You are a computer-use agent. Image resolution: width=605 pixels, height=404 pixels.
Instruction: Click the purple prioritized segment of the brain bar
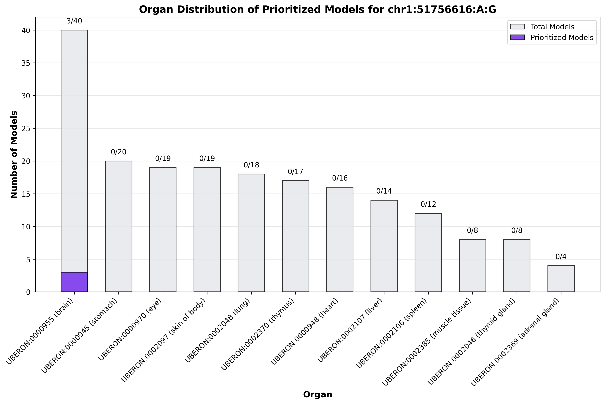pyautogui.click(x=74, y=282)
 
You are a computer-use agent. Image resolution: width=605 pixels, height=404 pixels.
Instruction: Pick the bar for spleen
pyautogui.click(x=428, y=253)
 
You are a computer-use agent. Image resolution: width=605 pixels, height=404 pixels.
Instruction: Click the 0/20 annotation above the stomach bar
pyautogui.click(x=119, y=152)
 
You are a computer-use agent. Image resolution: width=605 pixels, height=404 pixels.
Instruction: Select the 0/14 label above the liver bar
pyautogui.click(x=384, y=191)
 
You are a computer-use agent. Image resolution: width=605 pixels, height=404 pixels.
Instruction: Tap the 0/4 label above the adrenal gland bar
pyautogui.click(x=561, y=257)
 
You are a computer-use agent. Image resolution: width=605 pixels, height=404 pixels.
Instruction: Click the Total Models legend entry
pyautogui.click(x=552, y=27)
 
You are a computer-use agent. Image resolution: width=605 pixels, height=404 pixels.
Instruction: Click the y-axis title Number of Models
pyautogui.click(x=14, y=155)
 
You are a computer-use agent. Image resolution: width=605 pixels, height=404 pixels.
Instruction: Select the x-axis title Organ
pyautogui.click(x=317, y=394)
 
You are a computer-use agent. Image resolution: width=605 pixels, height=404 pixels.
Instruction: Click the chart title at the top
pyautogui.click(x=317, y=10)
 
